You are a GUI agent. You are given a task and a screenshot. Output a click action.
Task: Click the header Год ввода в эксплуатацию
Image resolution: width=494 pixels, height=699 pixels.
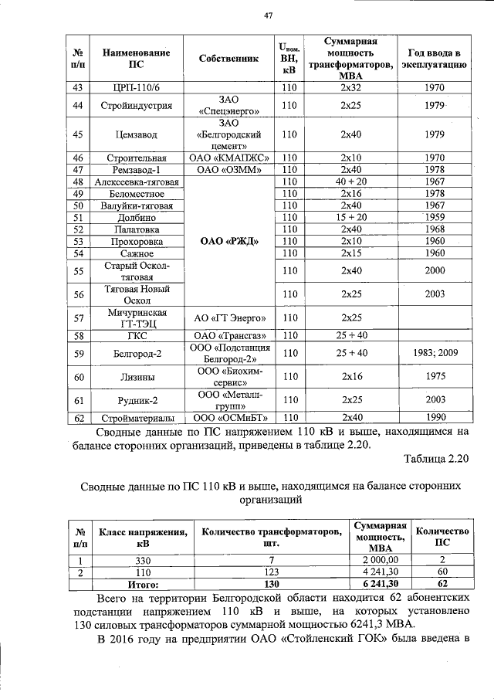434,59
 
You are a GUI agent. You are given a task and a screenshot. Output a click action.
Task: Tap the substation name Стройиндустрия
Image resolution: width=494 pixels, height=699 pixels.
136,105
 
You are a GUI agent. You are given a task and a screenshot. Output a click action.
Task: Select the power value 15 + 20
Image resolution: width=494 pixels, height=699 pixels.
351,217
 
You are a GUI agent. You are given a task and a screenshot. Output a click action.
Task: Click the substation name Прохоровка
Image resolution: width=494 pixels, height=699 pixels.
136,241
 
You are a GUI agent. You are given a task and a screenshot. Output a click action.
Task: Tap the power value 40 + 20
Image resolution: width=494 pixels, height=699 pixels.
351,182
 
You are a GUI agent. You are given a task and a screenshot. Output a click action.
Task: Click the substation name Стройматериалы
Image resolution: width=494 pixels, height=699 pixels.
136,418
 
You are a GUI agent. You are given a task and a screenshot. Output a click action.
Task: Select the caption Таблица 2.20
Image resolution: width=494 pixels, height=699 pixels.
436,460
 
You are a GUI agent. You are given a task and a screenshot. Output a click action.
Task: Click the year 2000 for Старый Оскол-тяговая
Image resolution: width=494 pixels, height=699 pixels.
434,271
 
